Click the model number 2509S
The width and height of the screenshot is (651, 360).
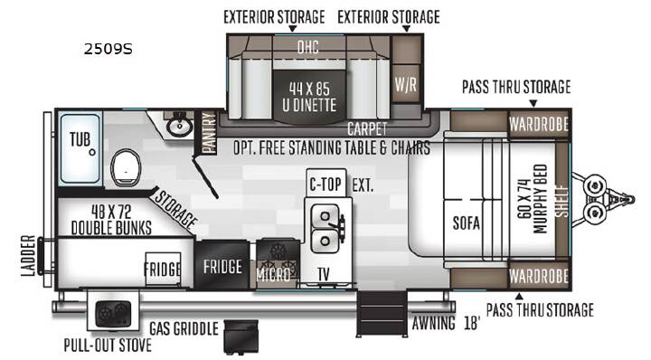coord(108,49)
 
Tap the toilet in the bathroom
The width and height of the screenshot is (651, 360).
coord(126,168)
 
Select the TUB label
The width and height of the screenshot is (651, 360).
coord(80,139)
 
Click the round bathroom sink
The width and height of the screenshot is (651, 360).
coord(179,126)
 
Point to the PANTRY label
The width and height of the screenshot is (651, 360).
coord(209,132)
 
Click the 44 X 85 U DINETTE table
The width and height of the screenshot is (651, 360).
coord(309,97)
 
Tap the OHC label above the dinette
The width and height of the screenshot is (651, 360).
coord(308,47)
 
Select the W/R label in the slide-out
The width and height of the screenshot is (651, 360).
coord(406,84)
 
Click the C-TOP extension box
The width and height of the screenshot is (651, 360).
coord(325,184)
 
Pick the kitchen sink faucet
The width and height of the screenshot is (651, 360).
coord(338,224)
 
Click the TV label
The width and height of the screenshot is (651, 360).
coord(324,274)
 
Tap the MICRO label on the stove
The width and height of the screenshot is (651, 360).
coord(273,274)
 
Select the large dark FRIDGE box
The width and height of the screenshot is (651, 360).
coord(222,265)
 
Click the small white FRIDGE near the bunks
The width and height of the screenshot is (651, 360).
coord(163,269)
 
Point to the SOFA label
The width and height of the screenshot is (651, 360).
coord(467,223)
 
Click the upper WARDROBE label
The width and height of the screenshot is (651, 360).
coord(539,124)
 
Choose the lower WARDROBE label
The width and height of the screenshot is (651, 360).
coord(539,276)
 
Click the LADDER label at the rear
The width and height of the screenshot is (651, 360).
coord(28,256)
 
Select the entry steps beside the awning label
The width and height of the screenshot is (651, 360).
coord(382,314)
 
